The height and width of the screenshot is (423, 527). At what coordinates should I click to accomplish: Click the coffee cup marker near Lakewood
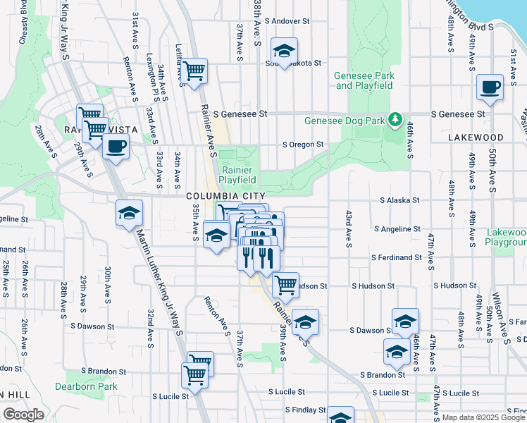pyautogui.click(x=490, y=88)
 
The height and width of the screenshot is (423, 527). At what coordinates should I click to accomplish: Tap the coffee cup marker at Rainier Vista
pyautogui.click(x=116, y=147)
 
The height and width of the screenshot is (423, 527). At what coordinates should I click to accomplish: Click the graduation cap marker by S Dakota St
pyautogui.click(x=285, y=51)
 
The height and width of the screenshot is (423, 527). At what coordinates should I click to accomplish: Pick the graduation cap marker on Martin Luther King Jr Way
pyautogui.click(x=130, y=214)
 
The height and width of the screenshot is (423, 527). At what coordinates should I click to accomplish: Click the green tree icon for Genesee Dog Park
pyautogui.click(x=396, y=120)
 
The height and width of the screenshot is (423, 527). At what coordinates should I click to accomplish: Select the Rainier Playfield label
pyautogui.click(x=237, y=175)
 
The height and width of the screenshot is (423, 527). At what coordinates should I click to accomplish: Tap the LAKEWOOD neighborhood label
pyautogui.click(x=475, y=137)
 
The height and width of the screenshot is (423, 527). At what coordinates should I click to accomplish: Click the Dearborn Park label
pyautogui.click(x=86, y=386)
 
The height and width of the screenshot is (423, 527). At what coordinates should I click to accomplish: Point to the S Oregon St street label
pyautogui.click(x=302, y=145)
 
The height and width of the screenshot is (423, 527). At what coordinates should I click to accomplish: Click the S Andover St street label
pyautogui.click(x=286, y=22)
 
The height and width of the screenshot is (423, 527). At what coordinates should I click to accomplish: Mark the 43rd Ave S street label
pyautogui.click(x=348, y=228)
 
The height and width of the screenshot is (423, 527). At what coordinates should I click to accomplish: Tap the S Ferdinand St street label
pyautogui.click(x=397, y=258)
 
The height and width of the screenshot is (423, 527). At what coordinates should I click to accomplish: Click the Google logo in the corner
pyautogui.click(x=24, y=415)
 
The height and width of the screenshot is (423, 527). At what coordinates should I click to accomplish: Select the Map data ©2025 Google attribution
pyautogui.click(x=483, y=417)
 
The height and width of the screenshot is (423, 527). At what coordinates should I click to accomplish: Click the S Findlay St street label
pyautogui.click(x=305, y=410)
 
